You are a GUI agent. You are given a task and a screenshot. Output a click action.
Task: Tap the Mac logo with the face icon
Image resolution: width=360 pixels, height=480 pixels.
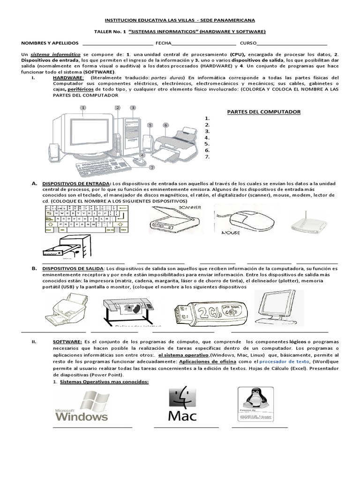coord(182,403)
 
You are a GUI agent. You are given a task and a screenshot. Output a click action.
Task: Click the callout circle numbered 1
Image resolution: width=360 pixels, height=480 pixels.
coord(83,107)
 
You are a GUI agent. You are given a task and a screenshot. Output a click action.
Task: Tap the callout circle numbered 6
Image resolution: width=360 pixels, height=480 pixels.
coord(165,125)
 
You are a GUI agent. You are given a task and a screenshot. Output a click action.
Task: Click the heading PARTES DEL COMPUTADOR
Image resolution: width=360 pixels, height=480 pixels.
coord(263,112)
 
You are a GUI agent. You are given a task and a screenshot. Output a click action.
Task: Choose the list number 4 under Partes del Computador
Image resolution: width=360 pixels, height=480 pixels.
coord(206,138)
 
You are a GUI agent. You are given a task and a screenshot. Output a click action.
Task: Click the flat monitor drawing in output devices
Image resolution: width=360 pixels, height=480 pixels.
coord(279,311)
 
